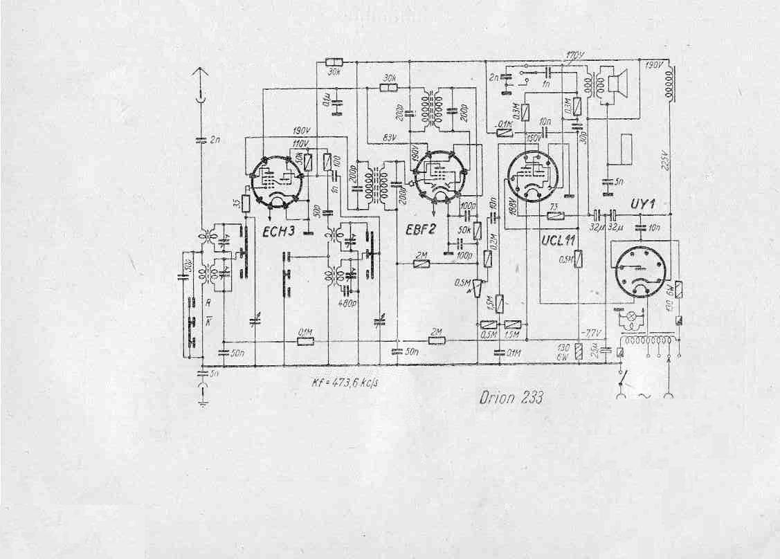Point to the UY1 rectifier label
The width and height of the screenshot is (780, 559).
(644, 205)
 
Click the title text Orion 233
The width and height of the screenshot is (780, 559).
(511, 397)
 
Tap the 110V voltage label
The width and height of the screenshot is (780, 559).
(300, 143)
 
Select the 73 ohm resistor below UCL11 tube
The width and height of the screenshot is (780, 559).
(554, 215)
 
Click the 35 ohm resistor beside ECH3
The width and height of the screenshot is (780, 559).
(245, 203)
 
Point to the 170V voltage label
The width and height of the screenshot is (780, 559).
(574, 55)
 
